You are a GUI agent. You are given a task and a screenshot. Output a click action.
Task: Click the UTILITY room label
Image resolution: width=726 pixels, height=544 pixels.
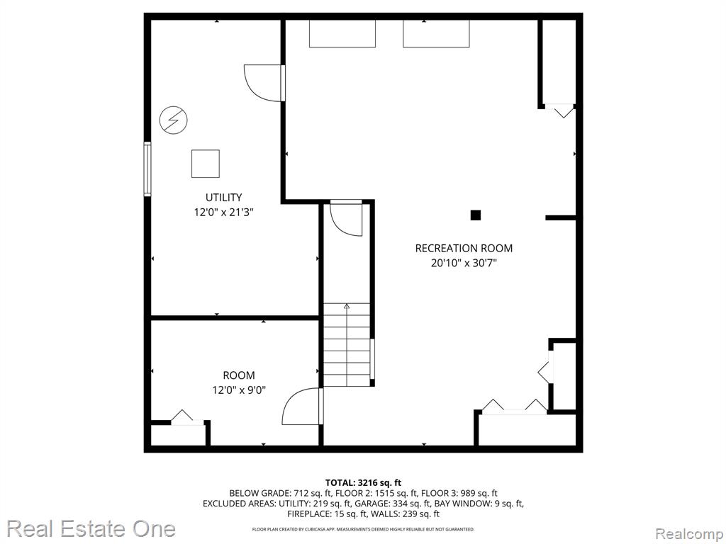[223, 198]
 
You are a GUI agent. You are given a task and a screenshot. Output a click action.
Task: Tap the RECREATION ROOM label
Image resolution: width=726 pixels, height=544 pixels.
[464, 249]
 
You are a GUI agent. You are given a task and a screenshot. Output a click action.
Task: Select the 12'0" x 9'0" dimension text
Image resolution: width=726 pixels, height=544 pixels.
[239, 390]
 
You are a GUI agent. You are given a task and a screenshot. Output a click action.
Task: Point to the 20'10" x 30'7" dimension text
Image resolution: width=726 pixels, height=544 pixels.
[464, 263]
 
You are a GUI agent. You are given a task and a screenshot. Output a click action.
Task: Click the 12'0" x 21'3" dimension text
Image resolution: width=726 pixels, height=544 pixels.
[223, 212]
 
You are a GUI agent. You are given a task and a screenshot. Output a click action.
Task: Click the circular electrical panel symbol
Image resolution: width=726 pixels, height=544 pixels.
[174, 120]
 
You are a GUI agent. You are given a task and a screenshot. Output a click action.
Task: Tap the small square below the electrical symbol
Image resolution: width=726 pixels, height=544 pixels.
[206, 164]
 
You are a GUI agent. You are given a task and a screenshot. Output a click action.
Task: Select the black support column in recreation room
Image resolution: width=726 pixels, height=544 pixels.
[476, 215]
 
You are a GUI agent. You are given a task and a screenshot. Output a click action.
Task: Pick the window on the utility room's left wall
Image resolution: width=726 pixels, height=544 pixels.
[147, 169]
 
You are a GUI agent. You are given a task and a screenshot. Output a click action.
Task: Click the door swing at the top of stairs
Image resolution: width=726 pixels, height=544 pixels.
[345, 220]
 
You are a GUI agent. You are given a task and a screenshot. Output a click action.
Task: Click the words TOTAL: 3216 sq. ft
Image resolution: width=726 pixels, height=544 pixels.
[363, 483]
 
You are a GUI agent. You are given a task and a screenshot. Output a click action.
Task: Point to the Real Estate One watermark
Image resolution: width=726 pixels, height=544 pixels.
[91, 528]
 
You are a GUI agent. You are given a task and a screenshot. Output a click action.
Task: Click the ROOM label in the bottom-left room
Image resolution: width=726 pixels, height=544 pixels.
[239, 375]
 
